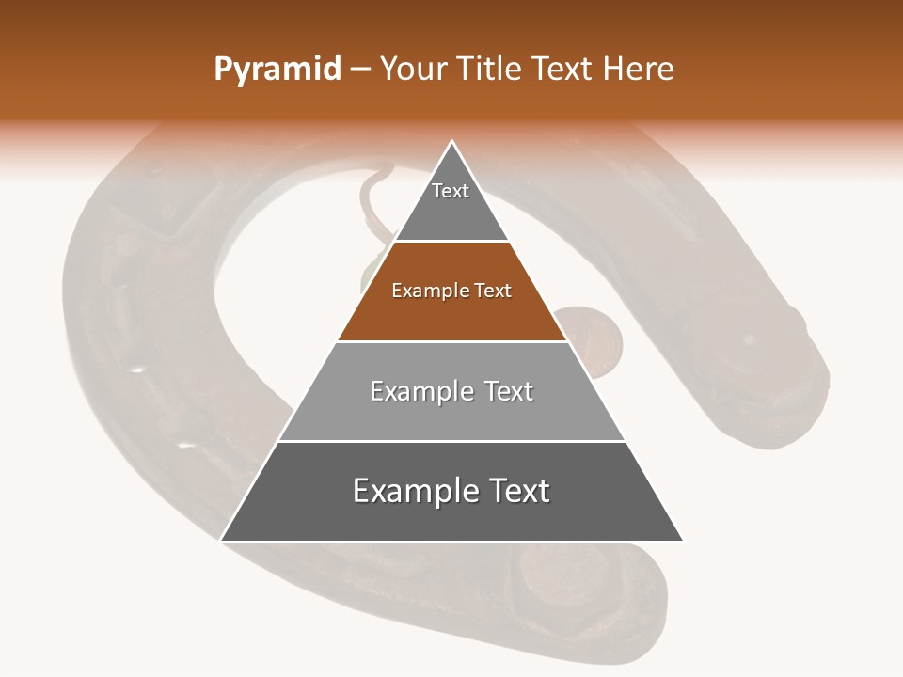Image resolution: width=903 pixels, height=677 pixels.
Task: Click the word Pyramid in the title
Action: tap(277, 70)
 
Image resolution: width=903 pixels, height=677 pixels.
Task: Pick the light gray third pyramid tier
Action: tap(451, 414)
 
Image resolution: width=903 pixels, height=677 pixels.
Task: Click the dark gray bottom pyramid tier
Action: tap(451, 517)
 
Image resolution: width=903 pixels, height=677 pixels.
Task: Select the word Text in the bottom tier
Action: tap(519, 491)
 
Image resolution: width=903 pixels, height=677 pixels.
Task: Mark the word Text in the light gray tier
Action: tap(508, 391)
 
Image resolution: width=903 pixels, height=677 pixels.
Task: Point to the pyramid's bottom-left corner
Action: tap(222, 540)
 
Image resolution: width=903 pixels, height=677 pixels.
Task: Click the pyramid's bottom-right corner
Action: tap(682, 540)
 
